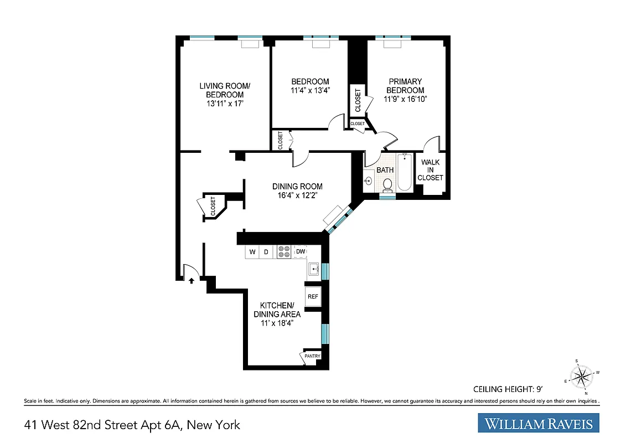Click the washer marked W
(252, 252)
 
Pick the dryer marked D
(266, 252)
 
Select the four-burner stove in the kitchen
(284, 252)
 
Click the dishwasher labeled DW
(300, 252)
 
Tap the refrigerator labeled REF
(313, 296)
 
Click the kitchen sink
(314, 270)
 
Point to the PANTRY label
(312, 356)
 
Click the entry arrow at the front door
(191, 281)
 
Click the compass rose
(581, 377)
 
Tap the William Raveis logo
(539, 424)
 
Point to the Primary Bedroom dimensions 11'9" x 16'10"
(405, 99)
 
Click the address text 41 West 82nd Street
(132, 425)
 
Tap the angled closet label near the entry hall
(213, 206)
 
